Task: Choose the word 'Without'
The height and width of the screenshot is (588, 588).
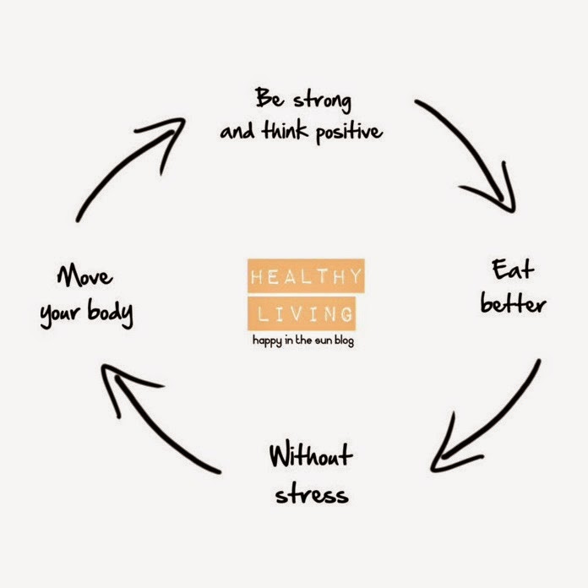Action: point(309,457)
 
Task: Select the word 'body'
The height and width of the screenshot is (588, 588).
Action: point(112,314)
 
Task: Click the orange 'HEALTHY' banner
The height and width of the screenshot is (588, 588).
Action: point(306,276)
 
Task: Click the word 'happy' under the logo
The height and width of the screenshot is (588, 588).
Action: point(269,341)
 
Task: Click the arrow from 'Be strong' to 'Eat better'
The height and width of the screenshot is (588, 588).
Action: point(473,152)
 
